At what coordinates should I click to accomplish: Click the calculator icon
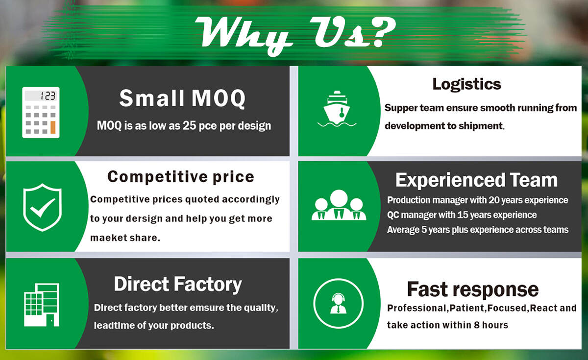click(41, 112)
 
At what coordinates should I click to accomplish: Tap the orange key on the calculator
click(53, 127)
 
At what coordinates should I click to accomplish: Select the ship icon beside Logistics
click(337, 109)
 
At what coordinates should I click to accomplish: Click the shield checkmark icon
click(42, 207)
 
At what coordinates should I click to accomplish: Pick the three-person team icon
click(339, 205)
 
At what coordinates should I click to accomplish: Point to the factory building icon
click(42, 305)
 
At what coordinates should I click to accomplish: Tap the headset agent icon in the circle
click(339, 303)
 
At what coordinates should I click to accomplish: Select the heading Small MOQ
click(182, 98)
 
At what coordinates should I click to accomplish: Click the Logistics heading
click(466, 84)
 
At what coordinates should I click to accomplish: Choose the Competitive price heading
click(181, 177)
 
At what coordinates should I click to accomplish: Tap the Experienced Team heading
click(476, 180)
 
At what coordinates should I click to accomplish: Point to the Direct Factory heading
click(178, 285)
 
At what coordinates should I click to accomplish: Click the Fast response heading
click(473, 289)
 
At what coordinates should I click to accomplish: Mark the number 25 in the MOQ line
click(190, 125)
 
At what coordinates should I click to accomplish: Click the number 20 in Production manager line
click(494, 200)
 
